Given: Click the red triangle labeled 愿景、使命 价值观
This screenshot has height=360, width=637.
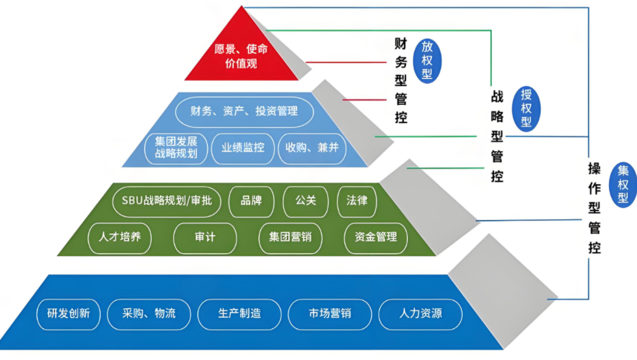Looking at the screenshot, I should click(241, 56).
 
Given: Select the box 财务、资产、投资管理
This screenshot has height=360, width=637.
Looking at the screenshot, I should click(244, 112).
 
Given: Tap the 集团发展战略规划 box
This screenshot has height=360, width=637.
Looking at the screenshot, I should click(176, 147).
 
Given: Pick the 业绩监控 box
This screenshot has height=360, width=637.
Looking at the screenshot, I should click(242, 147).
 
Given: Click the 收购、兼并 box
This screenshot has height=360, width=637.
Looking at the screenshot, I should click(312, 147).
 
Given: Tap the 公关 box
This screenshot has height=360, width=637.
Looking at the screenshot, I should click(305, 200).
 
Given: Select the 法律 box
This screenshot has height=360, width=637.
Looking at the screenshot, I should click(356, 200).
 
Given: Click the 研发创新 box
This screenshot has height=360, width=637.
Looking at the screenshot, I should click(68, 314).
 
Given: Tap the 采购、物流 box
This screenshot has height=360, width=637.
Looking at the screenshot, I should click(148, 314).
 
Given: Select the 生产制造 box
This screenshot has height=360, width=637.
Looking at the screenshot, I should click(239, 314).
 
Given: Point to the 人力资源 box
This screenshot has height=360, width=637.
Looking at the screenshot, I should click(420, 314).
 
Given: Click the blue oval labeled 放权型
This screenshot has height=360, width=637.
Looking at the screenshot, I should click(427, 60).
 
